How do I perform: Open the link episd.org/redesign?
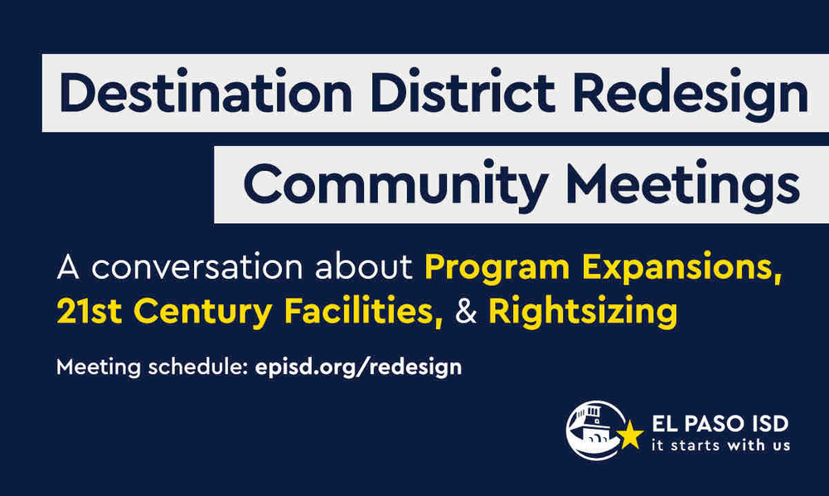[356, 367]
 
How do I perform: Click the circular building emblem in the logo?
[594, 430]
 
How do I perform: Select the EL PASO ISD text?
[720, 424]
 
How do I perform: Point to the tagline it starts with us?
[720, 445]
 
